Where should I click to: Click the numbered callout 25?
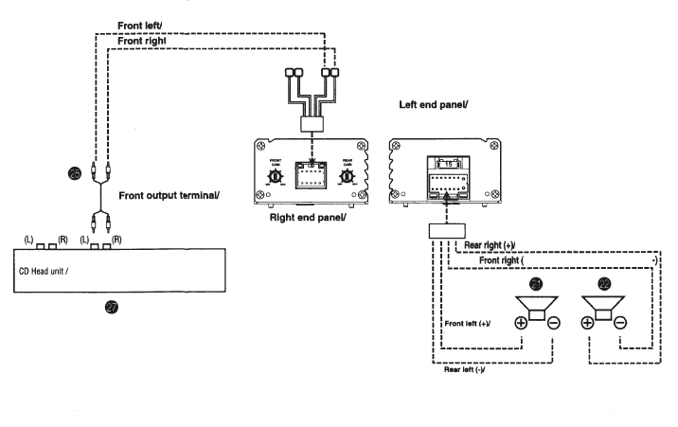coord(75,172)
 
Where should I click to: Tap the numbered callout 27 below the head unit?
coord(113,308)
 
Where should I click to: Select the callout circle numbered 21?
coord(536,283)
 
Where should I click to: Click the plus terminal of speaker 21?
coord(519,322)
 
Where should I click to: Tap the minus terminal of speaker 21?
coord(554,322)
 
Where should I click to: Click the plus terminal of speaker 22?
coord(587,322)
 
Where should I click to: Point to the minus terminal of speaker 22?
coord(620,322)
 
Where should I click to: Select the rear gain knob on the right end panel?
coord(348,177)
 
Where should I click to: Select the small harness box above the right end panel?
coord(312,124)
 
